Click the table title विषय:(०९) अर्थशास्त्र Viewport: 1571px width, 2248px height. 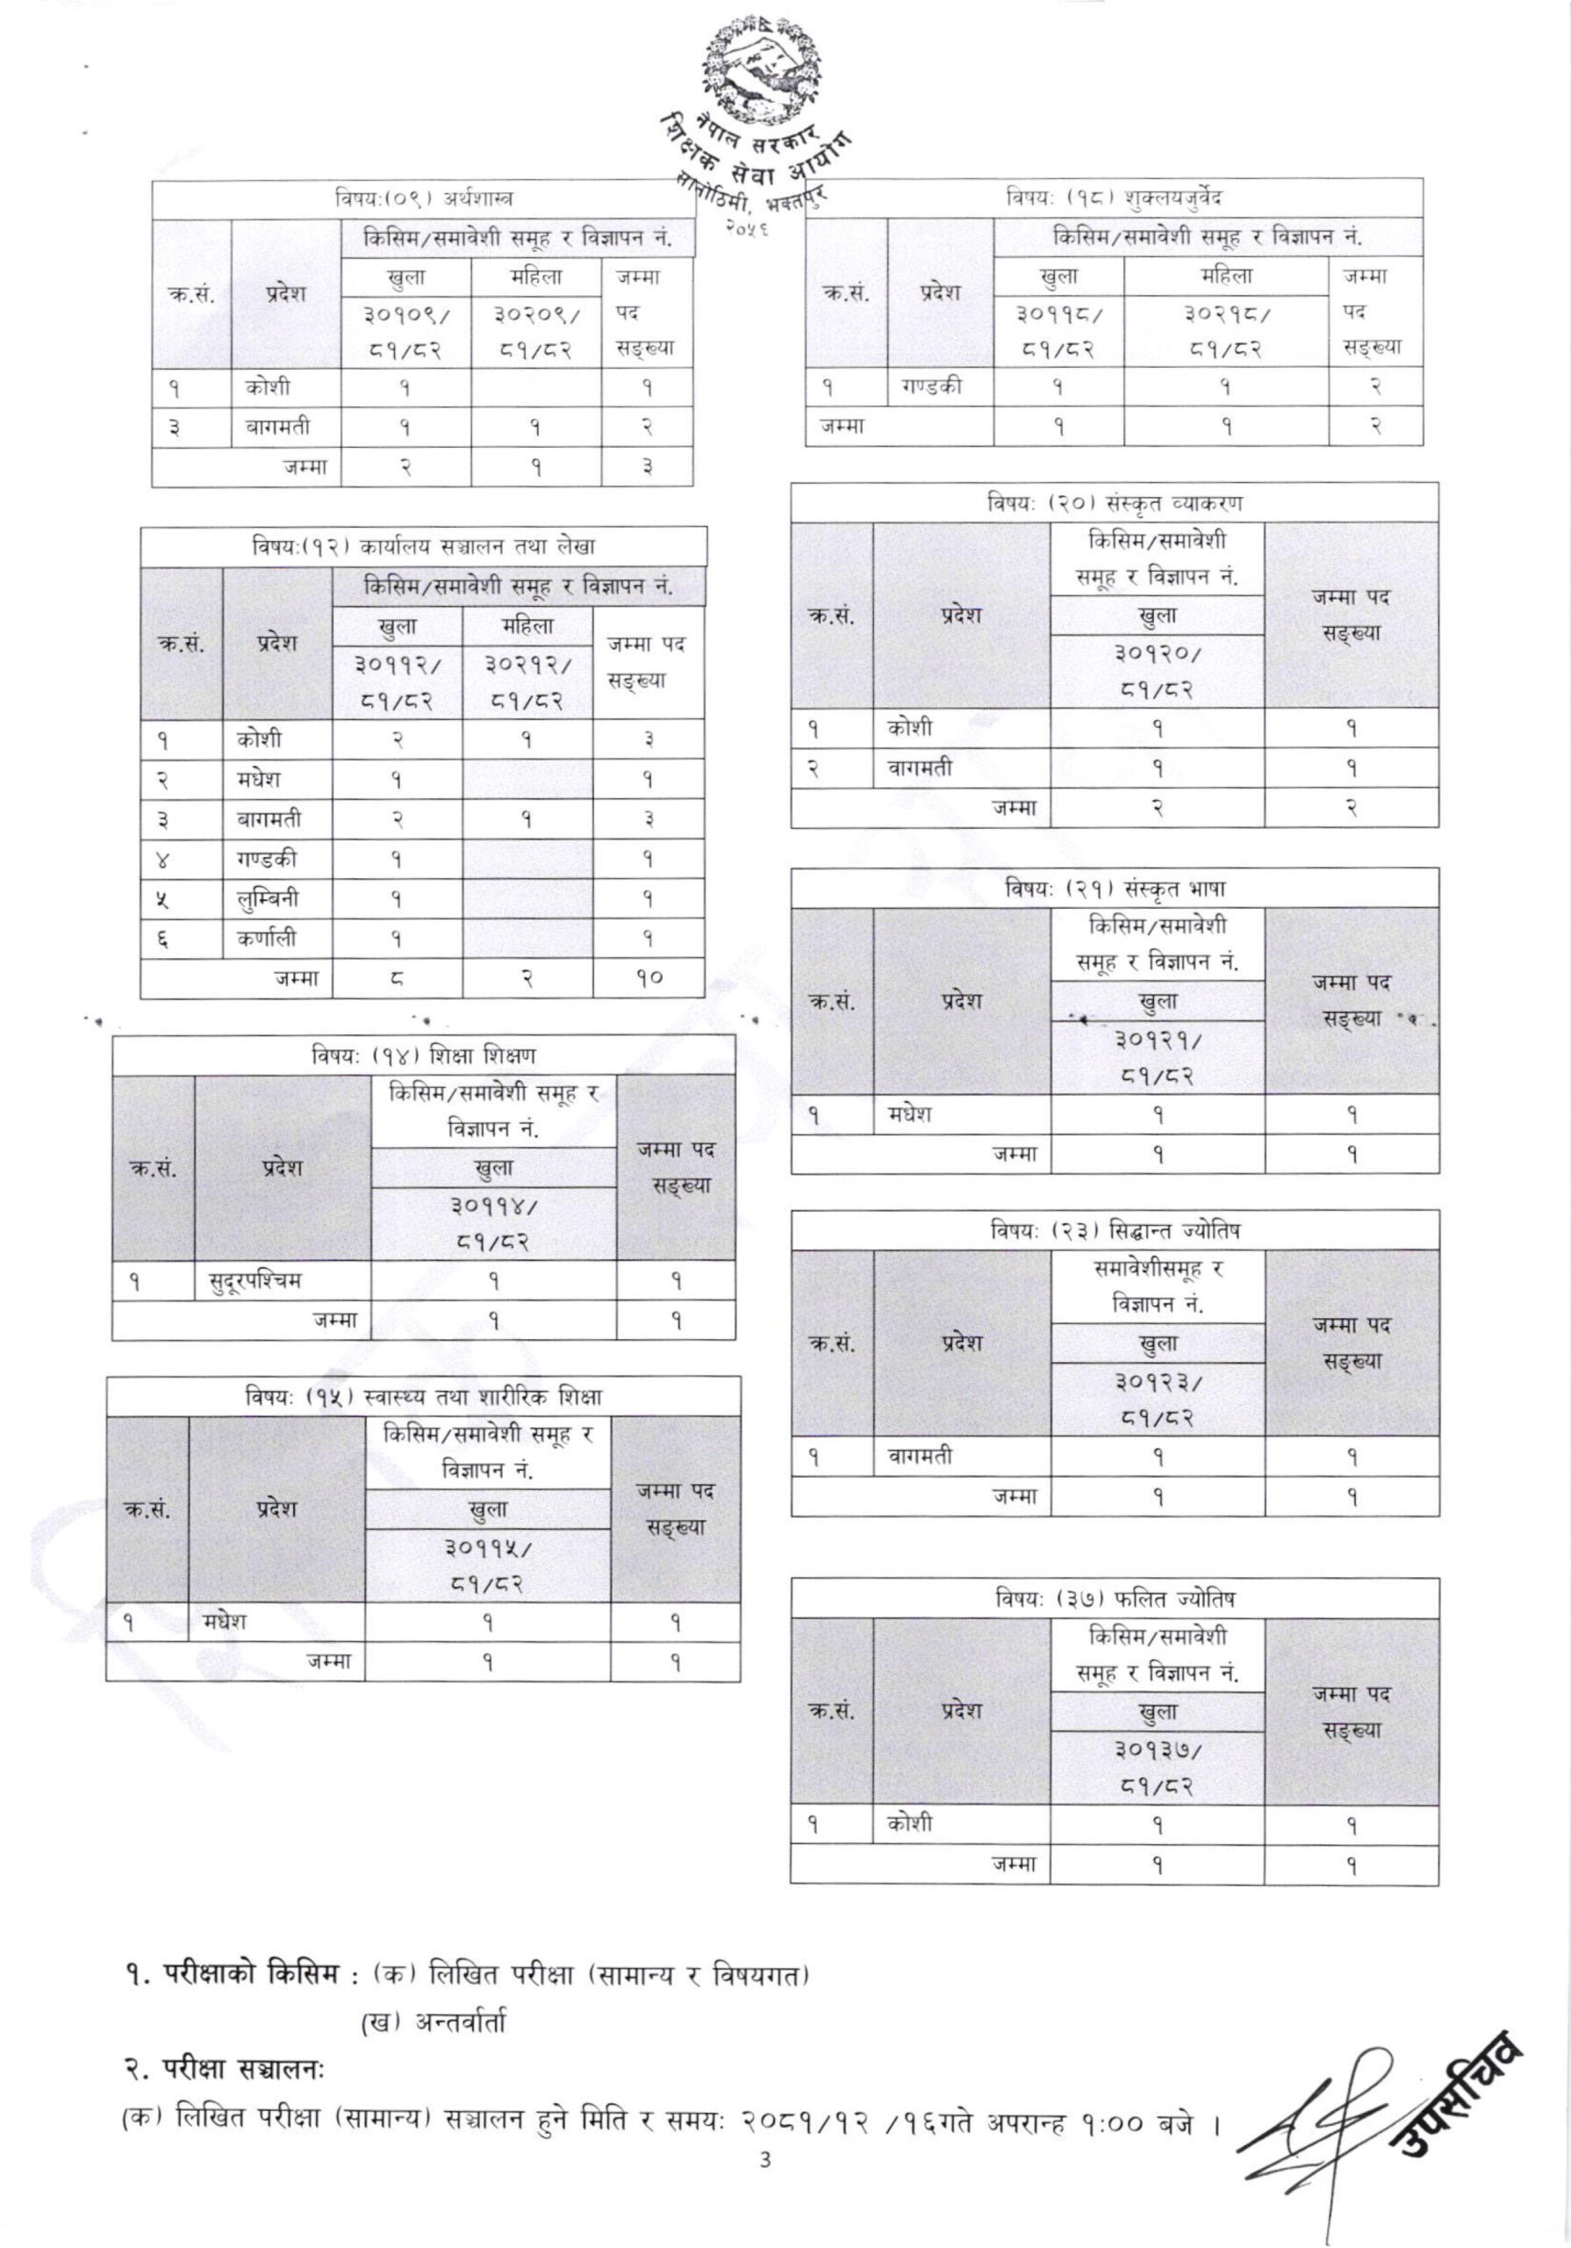423,199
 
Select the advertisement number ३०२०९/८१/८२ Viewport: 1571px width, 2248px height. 535,331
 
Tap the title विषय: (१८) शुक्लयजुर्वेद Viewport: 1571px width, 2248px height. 1114,198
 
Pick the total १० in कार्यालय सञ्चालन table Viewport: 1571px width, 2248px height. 648,978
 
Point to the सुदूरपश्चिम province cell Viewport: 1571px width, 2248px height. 255,1279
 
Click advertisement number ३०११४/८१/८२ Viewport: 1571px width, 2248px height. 493,1224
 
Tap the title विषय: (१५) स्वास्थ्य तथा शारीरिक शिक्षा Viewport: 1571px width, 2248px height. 423,1396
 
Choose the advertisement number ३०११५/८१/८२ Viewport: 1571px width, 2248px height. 487,1566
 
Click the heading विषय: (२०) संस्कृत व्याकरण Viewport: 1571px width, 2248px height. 1114,503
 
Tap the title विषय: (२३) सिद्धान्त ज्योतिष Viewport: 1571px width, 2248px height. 1114,1231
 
